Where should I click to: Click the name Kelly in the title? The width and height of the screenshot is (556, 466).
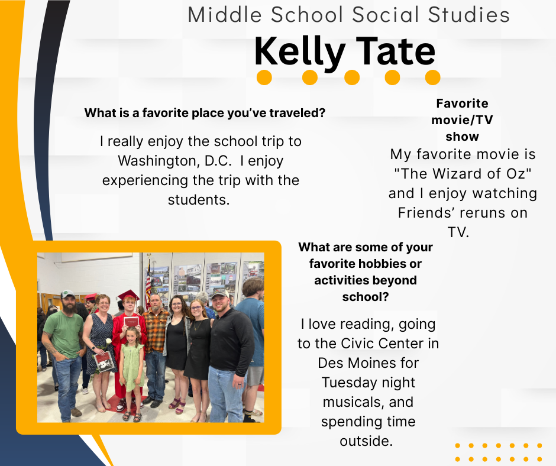pos(300,52)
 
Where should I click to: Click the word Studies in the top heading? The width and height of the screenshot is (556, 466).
pos(469,15)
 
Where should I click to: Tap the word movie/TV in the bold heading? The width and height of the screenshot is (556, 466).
pos(462,120)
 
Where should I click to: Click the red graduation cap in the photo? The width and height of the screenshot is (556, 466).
pos(128,295)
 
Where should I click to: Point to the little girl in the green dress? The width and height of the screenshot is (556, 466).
pos(132,373)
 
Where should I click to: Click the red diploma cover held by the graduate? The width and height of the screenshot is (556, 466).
pos(131,322)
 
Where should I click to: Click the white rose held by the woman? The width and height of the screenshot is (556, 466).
pos(108,341)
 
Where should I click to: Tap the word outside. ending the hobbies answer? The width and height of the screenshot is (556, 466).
pos(366,441)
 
